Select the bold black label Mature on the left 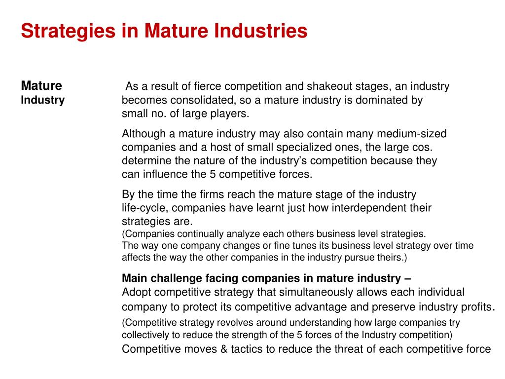pyautogui.click(x=41, y=86)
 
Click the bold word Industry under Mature pyautogui.click(x=43, y=100)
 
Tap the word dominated pyautogui.click(x=385, y=100)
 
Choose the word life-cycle pyautogui.click(x=145, y=208)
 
